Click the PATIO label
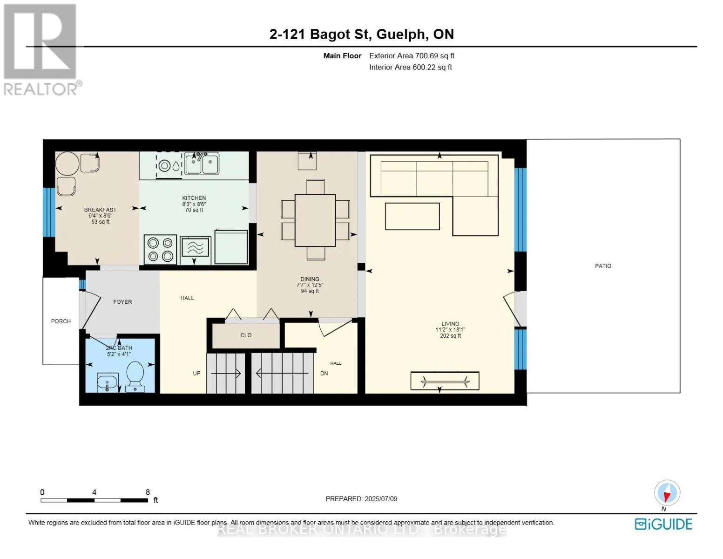pos(603,266)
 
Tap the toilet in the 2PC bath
pos(135,376)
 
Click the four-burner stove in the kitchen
pos(160,249)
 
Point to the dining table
pos(315,220)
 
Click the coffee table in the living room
pos(412,217)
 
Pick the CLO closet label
pos(246,335)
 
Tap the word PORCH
pos(61,321)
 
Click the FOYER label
pos(122,302)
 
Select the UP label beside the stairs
pos(196,373)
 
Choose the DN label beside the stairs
pos(324,373)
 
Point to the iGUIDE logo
pos(663,524)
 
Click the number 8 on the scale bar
pos(148,492)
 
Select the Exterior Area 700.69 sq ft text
pos(412,56)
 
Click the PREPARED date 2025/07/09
pos(381,499)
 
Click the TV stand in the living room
pos(445,381)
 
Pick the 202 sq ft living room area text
pos(450,335)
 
